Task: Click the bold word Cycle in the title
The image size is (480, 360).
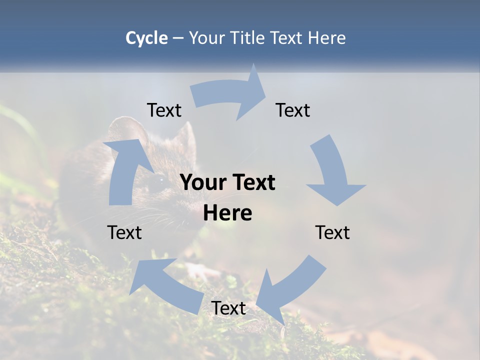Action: tap(146, 38)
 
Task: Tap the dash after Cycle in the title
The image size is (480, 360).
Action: tap(178, 38)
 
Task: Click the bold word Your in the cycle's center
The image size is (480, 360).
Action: tap(203, 183)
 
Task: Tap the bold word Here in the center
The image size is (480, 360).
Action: tap(227, 213)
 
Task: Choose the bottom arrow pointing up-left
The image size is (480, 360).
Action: tap(165, 285)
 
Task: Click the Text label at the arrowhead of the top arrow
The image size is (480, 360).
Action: tap(293, 110)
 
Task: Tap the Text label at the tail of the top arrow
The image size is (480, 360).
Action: tap(164, 110)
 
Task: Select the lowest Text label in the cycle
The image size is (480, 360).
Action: tap(228, 308)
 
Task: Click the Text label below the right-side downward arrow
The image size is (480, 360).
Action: tap(332, 233)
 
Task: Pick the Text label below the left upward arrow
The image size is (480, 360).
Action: tap(124, 233)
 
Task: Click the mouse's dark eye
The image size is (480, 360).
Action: tap(159, 179)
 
